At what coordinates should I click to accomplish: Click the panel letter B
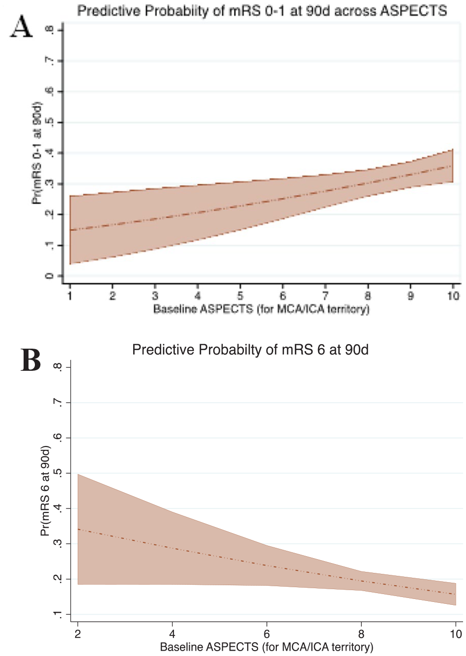[31, 360]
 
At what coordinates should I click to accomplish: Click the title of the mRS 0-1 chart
[262, 11]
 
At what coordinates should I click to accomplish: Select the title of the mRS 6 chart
[250, 349]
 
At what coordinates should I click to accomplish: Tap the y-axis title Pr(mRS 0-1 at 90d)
[37, 153]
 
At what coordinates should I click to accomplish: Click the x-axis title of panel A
[262, 309]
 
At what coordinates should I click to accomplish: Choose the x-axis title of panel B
[266, 647]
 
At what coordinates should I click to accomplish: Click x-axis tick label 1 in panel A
[70, 296]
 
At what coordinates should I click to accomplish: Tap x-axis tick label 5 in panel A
[240, 296]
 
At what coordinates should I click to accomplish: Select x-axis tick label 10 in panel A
[453, 296]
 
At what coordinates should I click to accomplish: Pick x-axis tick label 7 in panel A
[325, 296]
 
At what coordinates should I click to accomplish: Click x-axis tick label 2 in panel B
[78, 633]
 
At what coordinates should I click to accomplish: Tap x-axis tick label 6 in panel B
[266, 633]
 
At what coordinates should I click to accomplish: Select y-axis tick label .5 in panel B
[58, 473]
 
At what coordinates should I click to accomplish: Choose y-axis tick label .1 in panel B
[58, 614]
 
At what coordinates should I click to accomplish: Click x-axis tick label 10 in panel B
[456, 633]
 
